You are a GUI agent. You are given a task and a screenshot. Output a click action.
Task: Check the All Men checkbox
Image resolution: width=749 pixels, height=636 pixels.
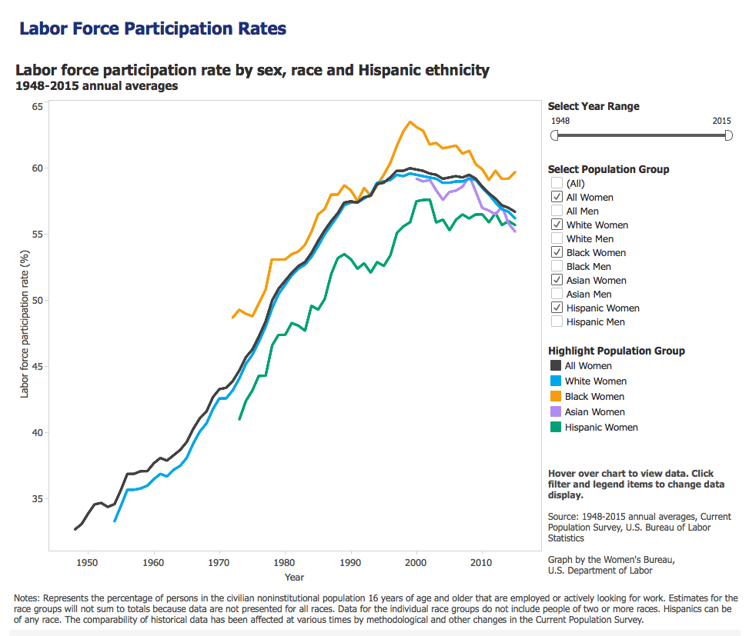556,211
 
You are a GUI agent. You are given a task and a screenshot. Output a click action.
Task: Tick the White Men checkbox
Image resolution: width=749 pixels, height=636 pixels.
556,239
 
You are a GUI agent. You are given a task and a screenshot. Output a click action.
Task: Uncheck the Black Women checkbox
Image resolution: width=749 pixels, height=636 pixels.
556,253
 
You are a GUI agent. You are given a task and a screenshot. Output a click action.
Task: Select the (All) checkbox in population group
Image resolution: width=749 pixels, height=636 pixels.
556,184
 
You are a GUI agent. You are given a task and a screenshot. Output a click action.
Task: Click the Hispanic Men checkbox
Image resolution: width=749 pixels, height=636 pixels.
556,322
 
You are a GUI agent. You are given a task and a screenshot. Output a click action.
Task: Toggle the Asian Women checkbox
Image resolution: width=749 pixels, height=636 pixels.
556,281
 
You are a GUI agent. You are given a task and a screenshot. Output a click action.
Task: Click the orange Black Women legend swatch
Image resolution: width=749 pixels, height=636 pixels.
555,397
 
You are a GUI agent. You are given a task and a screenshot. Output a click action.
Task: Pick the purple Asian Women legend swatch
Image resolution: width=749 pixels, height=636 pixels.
555,412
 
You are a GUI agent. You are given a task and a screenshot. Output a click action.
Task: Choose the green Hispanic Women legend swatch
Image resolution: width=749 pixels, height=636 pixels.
555,428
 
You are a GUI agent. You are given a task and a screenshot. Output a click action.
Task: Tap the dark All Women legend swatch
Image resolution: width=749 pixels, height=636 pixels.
555,366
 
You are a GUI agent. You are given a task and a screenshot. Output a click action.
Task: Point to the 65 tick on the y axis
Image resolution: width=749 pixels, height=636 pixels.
37,106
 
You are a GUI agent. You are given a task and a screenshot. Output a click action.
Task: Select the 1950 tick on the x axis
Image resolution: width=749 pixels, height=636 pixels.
88,562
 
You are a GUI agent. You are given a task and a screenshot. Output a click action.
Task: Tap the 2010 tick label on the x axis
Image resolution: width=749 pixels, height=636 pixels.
482,562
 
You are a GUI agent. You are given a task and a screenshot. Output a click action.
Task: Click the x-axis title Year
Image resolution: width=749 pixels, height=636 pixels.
294,577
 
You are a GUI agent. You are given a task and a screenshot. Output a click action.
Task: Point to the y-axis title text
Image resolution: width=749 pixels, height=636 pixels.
25,324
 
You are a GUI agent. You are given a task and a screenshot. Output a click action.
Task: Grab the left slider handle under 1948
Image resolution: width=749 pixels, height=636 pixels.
555,135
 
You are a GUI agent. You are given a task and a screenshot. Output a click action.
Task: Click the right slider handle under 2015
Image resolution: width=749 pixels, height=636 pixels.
728,135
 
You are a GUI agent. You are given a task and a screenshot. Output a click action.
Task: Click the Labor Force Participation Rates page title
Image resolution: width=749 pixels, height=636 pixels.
152,29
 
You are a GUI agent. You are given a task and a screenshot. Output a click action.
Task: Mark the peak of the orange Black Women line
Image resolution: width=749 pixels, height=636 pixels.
410,122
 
